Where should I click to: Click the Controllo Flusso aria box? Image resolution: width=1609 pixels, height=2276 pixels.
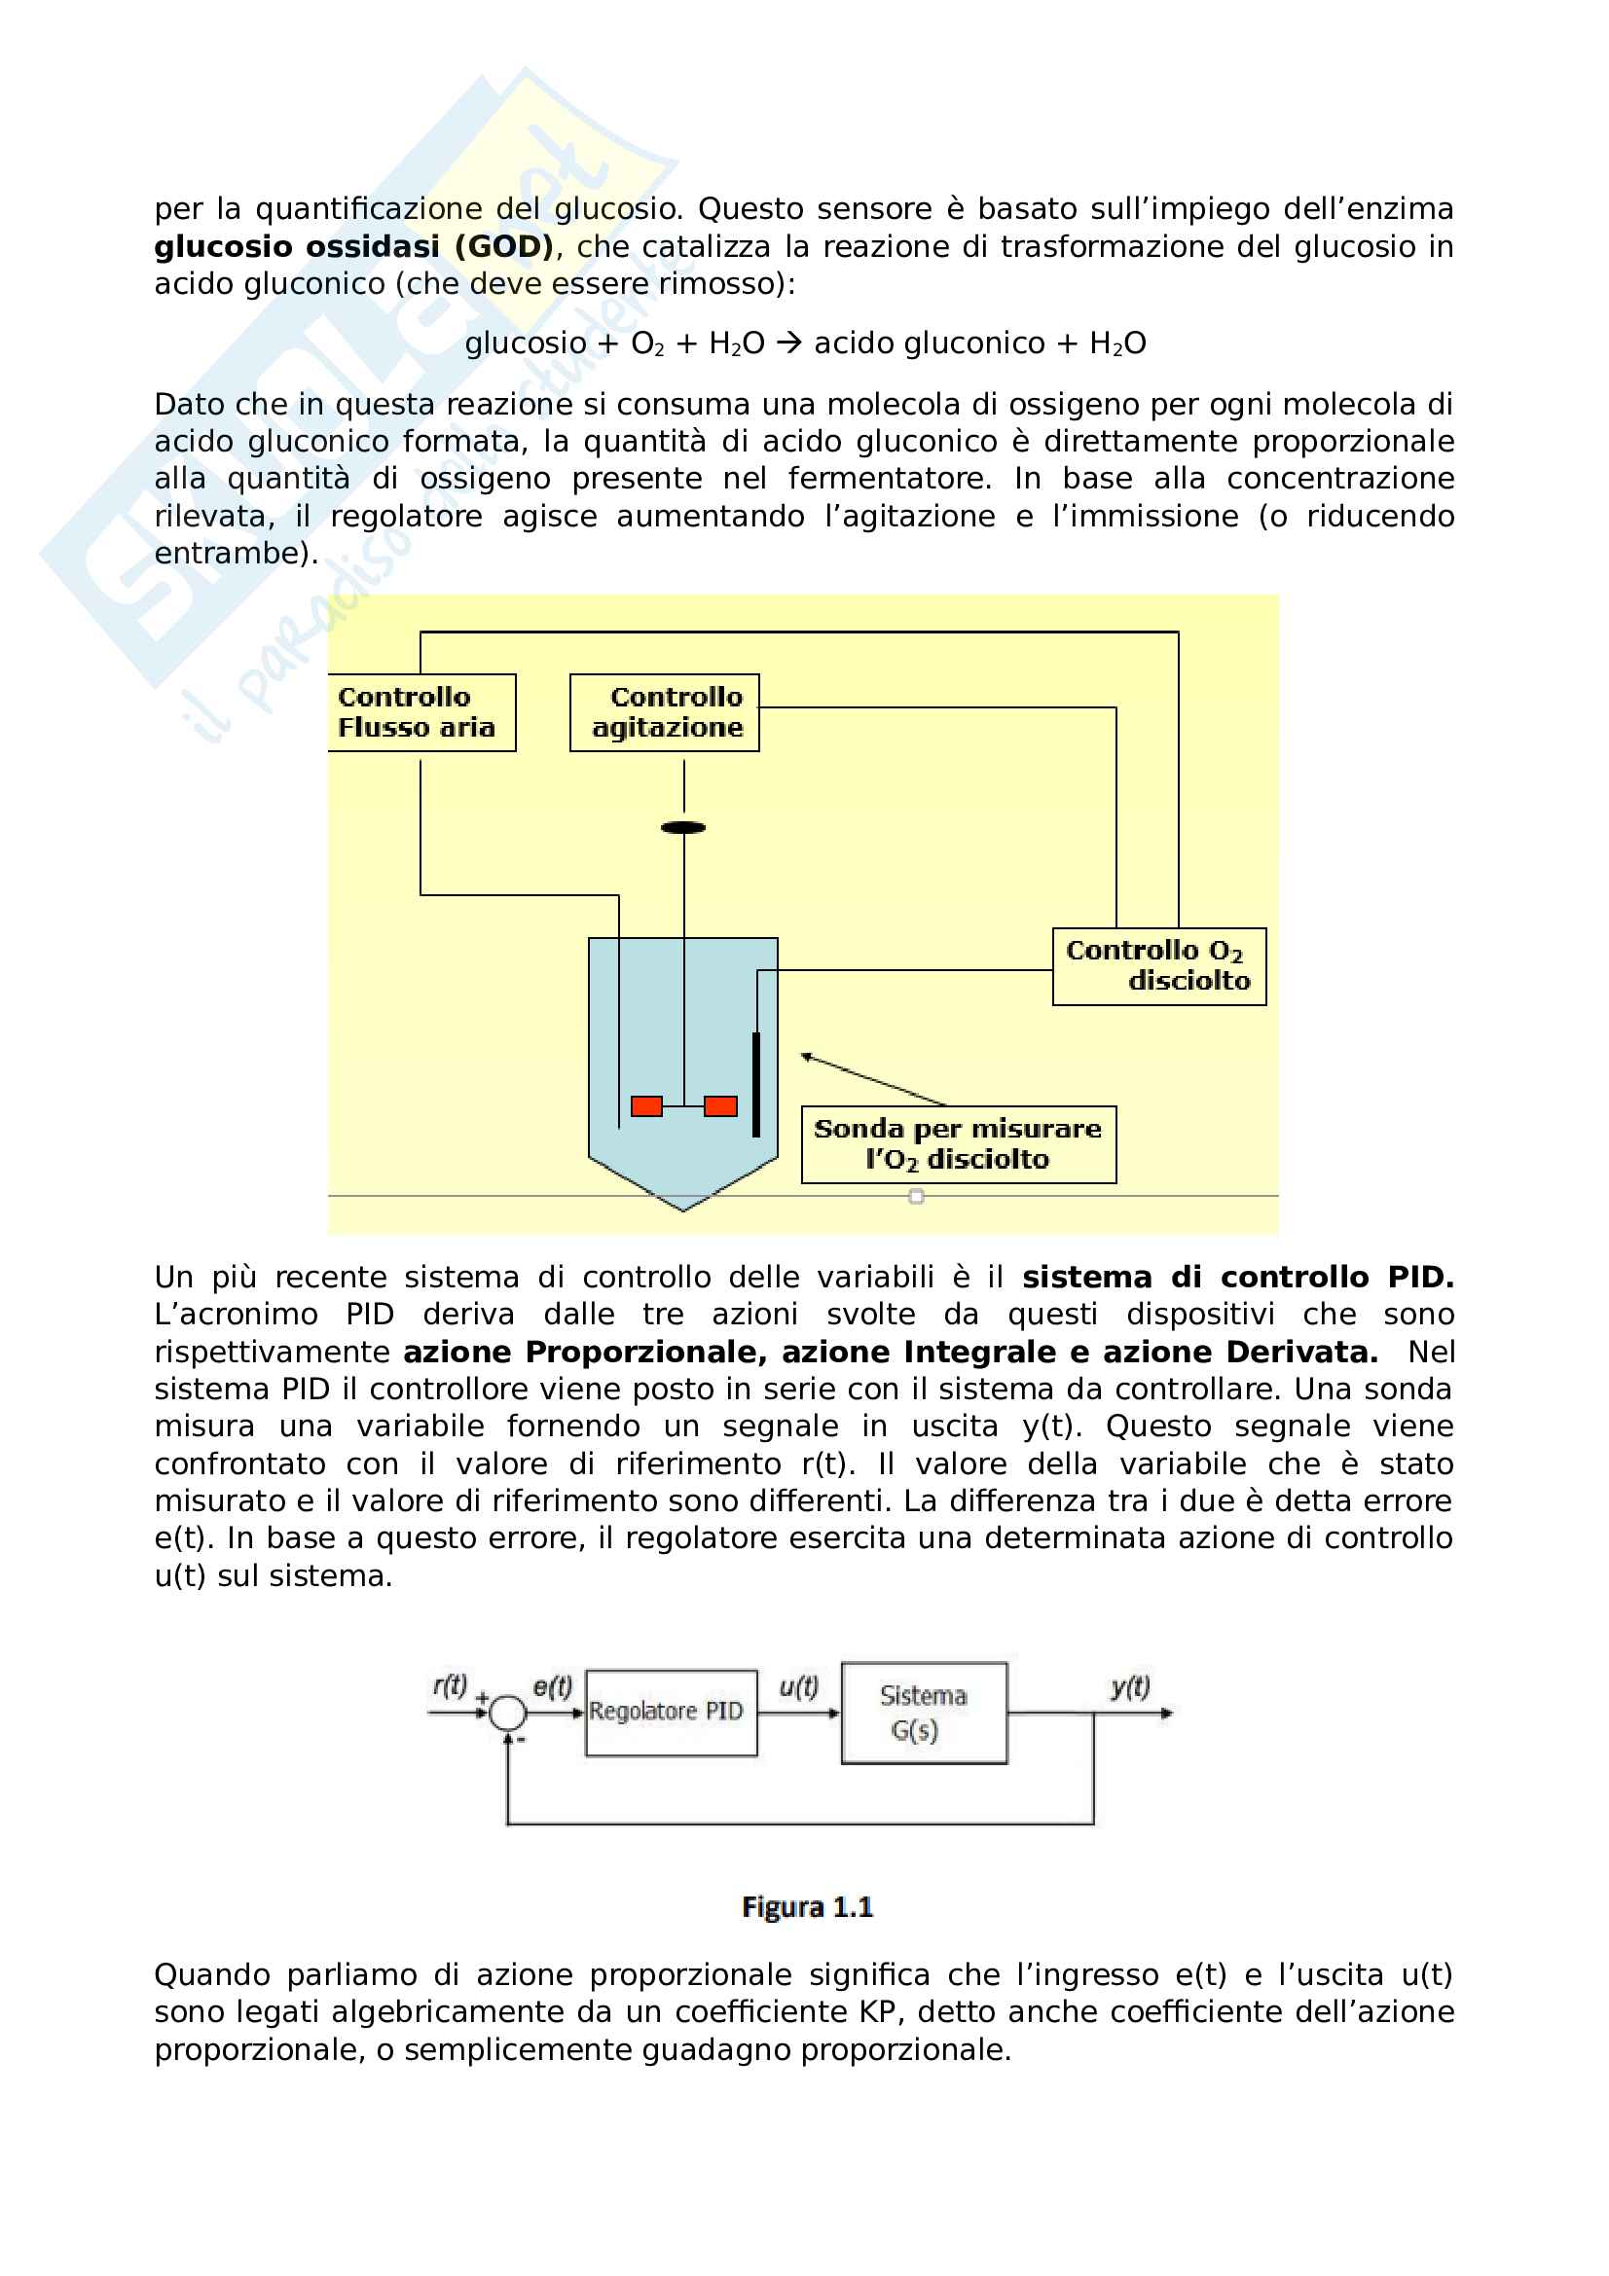pyautogui.click(x=421, y=712)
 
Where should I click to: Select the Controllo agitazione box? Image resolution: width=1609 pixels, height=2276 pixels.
pyautogui.click(x=664, y=712)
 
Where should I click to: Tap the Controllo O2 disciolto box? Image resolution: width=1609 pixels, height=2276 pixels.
pyautogui.click(x=1158, y=966)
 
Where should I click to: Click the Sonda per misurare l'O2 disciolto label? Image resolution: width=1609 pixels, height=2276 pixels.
pyautogui.click(x=958, y=1144)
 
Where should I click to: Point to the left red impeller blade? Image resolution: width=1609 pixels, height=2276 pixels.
pyautogui.click(x=646, y=1106)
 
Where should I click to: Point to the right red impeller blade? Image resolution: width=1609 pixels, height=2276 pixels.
pyautogui.click(x=720, y=1106)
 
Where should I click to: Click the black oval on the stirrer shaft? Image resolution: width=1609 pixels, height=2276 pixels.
pyautogui.click(x=683, y=828)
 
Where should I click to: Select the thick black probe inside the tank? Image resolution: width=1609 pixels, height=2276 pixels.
pyautogui.click(x=756, y=1084)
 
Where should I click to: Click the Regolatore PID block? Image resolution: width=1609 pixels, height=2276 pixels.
pyautogui.click(x=672, y=1713)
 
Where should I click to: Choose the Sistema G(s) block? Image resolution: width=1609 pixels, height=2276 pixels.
pyautogui.click(x=924, y=1713)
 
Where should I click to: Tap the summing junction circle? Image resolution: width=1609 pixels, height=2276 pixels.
pyautogui.click(x=508, y=1712)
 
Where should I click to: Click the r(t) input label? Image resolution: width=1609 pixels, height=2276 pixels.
pyautogui.click(x=450, y=1685)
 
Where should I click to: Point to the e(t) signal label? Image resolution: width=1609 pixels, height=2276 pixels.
pyautogui.click(x=552, y=1686)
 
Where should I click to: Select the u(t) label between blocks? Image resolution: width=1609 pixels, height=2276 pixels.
pyautogui.click(x=798, y=1686)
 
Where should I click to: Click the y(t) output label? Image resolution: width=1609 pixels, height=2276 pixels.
pyautogui.click(x=1130, y=1686)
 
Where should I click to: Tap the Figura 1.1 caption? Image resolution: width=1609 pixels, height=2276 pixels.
pyautogui.click(x=807, y=1907)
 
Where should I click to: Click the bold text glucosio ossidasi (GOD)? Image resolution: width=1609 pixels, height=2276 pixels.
pyautogui.click(x=353, y=246)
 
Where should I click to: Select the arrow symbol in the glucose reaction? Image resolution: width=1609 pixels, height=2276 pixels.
pyautogui.click(x=789, y=343)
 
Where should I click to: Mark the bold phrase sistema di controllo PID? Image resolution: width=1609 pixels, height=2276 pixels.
pyautogui.click(x=1237, y=1277)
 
